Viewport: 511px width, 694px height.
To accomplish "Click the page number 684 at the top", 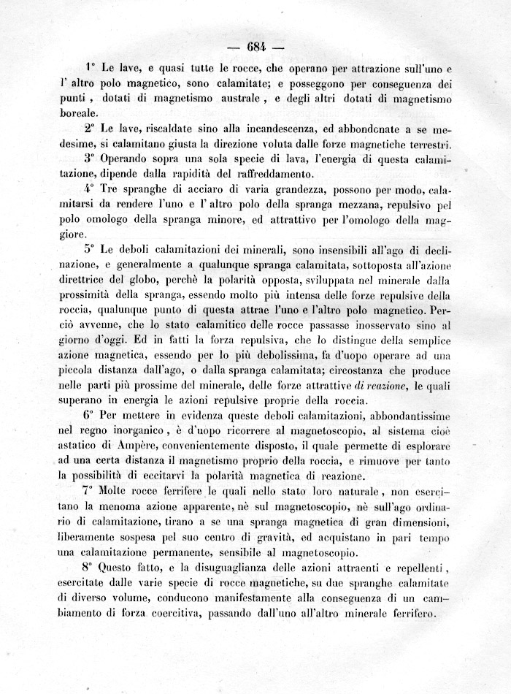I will (x=255, y=48).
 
